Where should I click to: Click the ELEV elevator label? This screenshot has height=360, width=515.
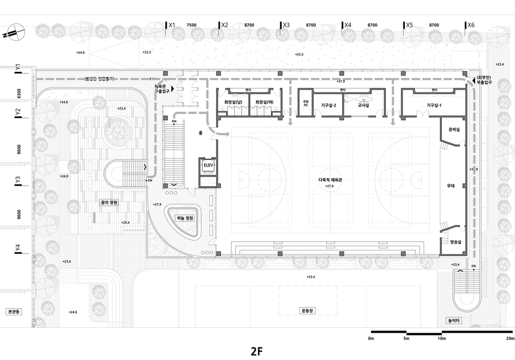pos(207,165)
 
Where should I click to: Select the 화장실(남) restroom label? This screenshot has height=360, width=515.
pos(233,102)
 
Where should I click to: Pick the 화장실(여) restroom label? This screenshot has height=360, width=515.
pos(265,102)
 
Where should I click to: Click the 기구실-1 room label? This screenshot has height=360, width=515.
pos(434,105)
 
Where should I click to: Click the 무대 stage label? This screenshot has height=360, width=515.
pos(451,186)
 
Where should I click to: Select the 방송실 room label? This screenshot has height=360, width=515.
pos(455,243)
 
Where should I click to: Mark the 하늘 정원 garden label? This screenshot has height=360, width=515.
pos(185,218)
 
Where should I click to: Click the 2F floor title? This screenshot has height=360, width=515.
pos(257,351)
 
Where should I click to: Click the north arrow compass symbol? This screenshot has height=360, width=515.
pos(14,32)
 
